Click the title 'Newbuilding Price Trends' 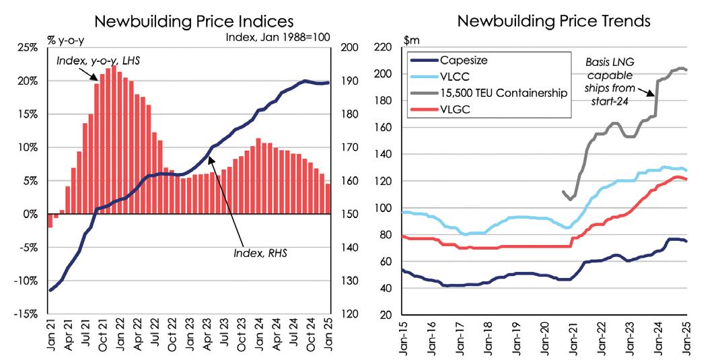pyautogui.click(x=553, y=21)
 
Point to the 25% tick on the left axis pyautogui.click(x=27, y=48)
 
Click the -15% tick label pyautogui.click(x=26, y=314)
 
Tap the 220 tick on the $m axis pyautogui.click(x=384, y=47)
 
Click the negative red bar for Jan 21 pyautogui.click(x=49, y=221)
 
